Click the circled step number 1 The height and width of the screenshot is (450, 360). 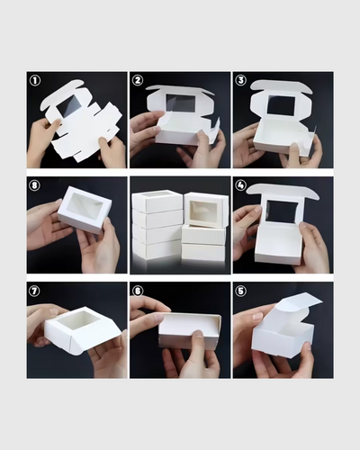pyautogui.click(x=35, y=80)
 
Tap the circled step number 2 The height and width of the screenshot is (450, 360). pyautogui.click(x=138, y=80)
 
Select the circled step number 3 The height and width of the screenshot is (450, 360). pyautogui.click(x=240, y=80)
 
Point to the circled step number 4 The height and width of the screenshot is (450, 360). pyautogui.click(x=240, y=186)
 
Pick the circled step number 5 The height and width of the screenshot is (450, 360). pyautogui.click(x=240, y=292)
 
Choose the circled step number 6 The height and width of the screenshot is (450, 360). pyautogui.click(x=138, y=292)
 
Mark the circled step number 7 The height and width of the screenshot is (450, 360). pyautogui.click(x=35, y=292)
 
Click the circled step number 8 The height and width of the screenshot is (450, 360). pyautogui.click(x=35, y=186)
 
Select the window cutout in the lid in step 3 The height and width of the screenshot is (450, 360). pyautogui.click(x=280, y=105)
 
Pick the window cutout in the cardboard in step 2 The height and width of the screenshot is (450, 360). pyautogui.click(x=180, y=103)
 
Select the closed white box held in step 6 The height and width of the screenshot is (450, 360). pyautogui.click(x=188, y=331)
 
